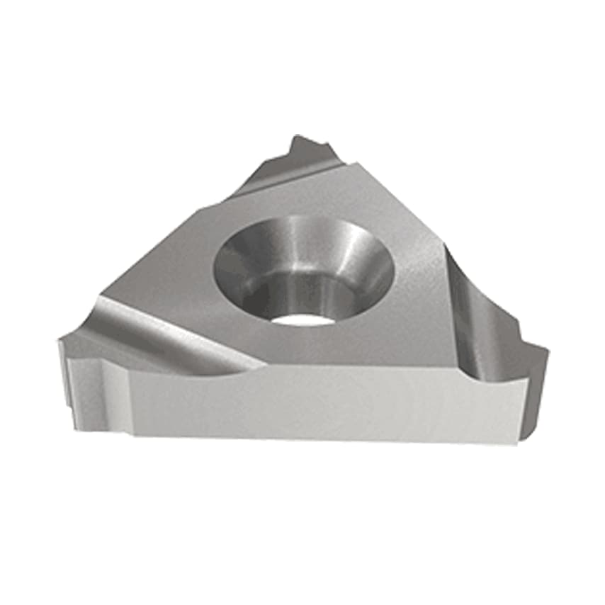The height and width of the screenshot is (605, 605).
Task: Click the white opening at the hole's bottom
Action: point(302,319)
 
